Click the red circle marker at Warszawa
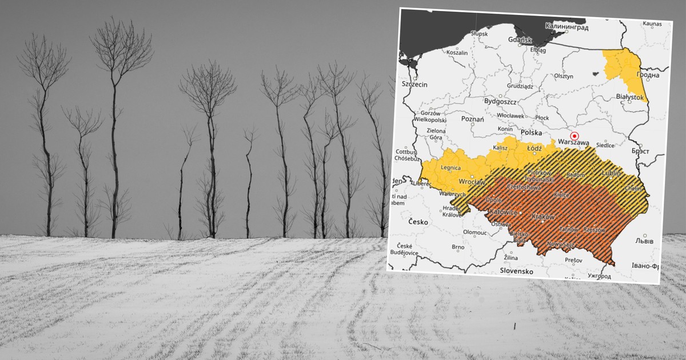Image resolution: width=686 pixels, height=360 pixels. click(575, 135)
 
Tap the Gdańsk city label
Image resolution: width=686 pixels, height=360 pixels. click(519, 40)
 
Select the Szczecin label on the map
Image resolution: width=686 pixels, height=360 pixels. click(415, 84)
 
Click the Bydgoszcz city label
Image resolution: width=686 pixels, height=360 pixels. click(500, 101)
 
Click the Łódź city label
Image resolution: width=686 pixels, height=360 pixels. click(534, 148)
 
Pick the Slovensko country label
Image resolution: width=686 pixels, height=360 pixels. click(516, 271)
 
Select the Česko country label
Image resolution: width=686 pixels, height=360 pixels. click(418, 222)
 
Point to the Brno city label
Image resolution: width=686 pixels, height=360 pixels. click(458, 247)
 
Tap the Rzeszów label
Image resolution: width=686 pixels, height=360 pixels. click(595, 229)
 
